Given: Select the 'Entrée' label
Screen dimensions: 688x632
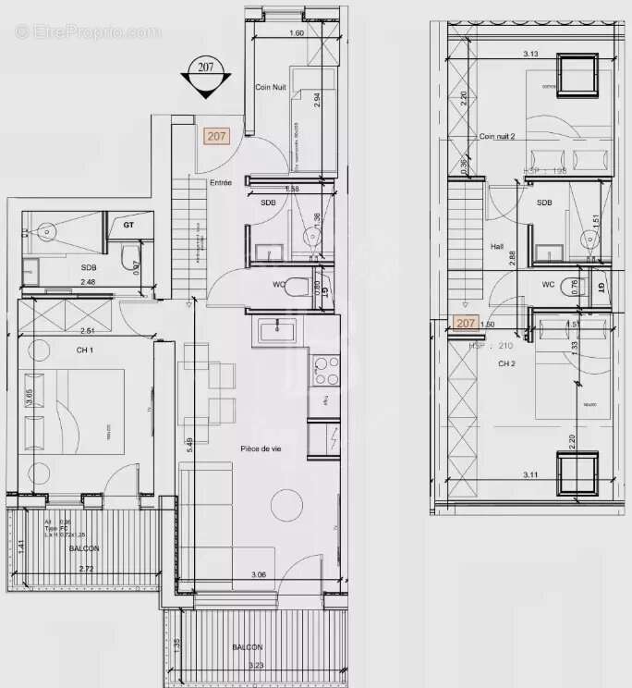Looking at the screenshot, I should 221,183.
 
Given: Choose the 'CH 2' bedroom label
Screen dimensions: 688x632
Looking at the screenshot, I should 506,363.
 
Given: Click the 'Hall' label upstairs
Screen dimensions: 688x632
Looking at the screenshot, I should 497,246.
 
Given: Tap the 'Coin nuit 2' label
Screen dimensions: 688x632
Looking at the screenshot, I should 497,136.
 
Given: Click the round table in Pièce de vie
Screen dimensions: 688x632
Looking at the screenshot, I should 286,503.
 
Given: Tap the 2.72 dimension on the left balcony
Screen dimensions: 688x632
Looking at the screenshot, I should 88,568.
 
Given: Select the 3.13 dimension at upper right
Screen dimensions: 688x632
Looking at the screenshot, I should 529,54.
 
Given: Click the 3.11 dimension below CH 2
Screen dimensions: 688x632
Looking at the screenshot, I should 529,474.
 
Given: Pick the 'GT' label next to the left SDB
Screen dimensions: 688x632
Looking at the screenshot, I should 128,225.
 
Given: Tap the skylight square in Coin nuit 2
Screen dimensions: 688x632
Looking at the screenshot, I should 578,75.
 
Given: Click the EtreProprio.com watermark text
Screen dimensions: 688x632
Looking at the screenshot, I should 88,31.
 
